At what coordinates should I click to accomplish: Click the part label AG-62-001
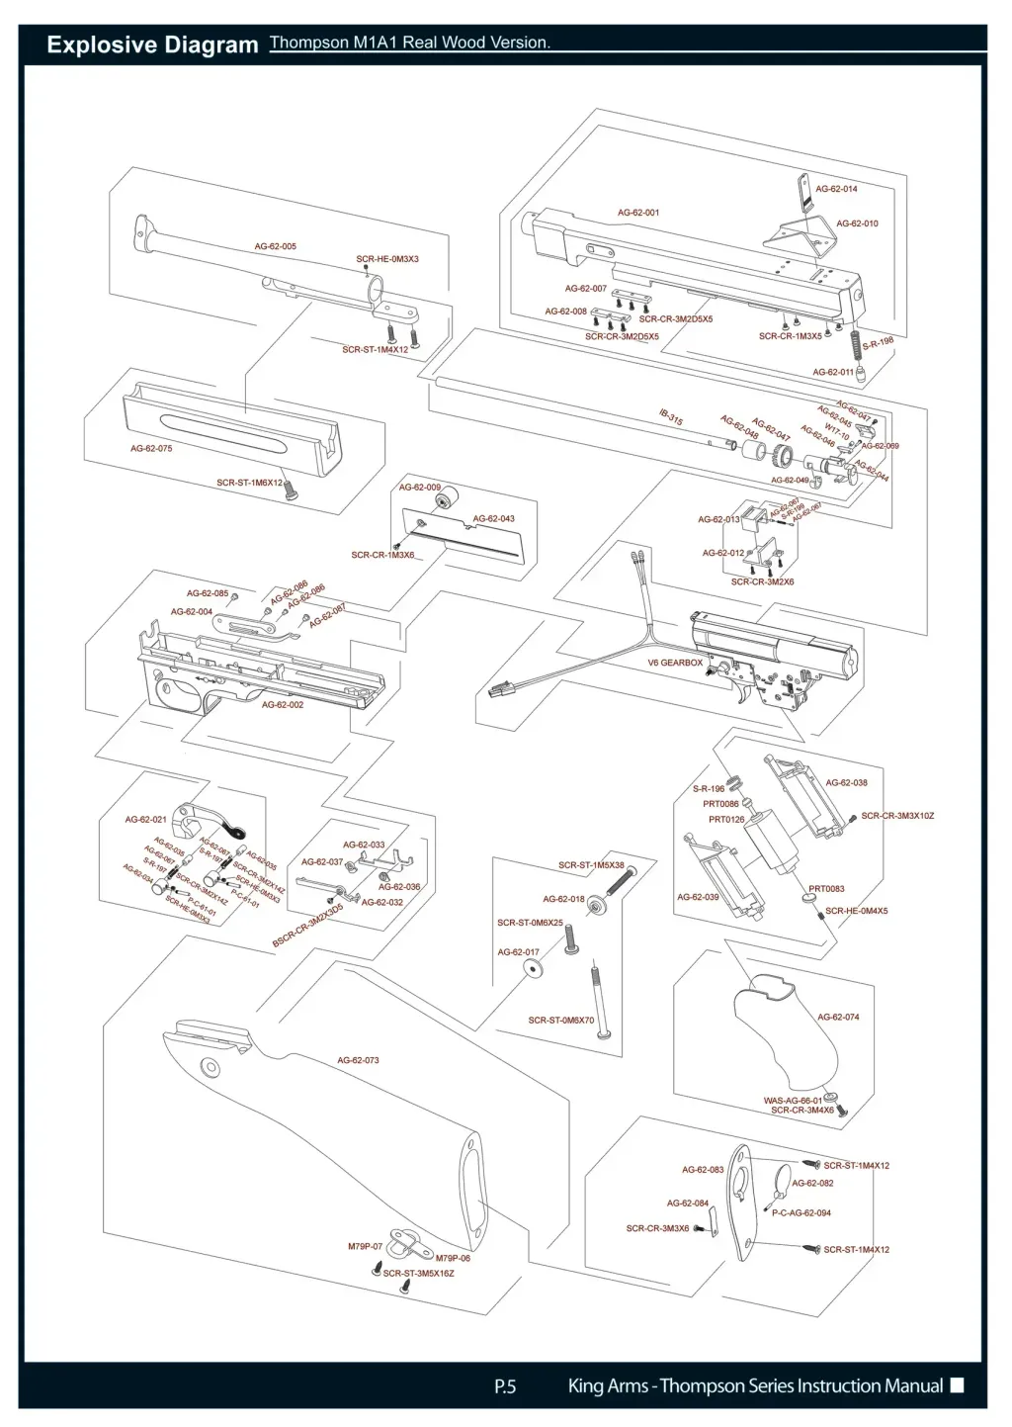pos(638,213)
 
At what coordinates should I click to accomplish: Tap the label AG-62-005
pos(276,246)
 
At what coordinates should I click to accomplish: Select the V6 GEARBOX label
pos(675,663)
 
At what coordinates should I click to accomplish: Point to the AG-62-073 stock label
pos(358,1060)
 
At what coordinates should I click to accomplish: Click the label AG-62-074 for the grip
pos(838,1017)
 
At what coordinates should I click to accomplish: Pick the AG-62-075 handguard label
pos(151,448)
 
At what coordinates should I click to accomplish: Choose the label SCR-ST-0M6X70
pos(561,1020)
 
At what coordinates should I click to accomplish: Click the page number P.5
pos(505,1386)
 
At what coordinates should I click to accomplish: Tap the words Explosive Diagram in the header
pos(152,45)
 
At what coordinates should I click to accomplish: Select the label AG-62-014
pos(836,189)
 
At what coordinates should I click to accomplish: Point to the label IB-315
pos(671,417)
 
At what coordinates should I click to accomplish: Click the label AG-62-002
pos(283,705)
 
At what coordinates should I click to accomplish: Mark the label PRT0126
pos(726,819)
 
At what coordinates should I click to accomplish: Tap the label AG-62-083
pos(703,1169)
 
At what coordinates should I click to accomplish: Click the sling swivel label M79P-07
pos(365,1247)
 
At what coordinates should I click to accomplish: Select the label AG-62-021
pos(145,820)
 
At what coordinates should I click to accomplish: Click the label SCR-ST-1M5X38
pos(591,865)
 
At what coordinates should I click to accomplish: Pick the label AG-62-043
pos(493,518)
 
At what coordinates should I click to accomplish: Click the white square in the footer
pos(957,1385)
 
